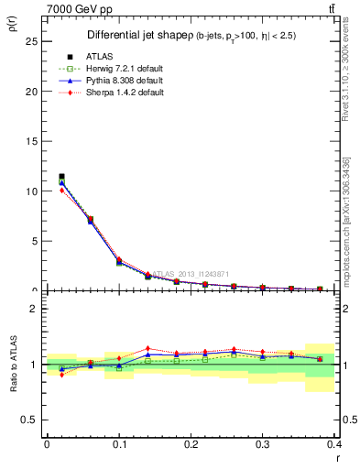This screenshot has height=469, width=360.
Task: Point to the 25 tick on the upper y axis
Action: (31, 41)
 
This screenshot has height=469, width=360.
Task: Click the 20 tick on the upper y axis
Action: (31, 92)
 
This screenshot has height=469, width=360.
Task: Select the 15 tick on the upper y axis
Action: (31, 141)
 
